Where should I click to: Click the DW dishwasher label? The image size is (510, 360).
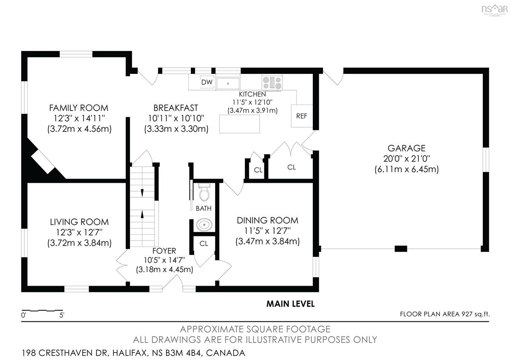pyautogui.click(x=207, y=82)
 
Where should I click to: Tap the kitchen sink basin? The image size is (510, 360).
pyautogui.click(x=228, y=83)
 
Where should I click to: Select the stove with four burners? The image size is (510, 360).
pyautogui.click(x=272, y=82)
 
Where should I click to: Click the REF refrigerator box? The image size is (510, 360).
pyautogui.click(x=302, y=116)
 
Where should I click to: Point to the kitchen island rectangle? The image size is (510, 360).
pyautogui.click(x=240, y=124)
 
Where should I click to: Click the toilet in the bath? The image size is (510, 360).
pyautogui.click(x=204, y=193)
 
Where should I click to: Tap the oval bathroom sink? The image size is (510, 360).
pyautogui.click(x=204, y=225)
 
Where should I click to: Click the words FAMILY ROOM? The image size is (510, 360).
pyautogui.click(x=79, y=108)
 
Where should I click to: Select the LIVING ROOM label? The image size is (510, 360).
pyautogui.click(x=79, y=222)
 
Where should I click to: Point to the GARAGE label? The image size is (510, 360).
pyautogui.click(x=406, y=148)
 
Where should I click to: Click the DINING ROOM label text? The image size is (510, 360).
pyautogui.click(x=267, y=221)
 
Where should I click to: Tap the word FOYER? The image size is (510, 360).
pyautogui.click(x=164, y=251)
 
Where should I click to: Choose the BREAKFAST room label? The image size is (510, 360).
pyautogui.click(x=176, y=108)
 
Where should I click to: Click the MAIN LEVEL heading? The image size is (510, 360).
pyautogui.click(x=291, y=304)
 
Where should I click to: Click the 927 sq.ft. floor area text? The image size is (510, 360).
pyautogui.click(x=476, y=314)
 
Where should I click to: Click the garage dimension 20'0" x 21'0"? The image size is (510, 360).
pyautogui.click(x=406, y=159)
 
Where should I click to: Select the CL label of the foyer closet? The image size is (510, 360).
pyautogui.click(x=204, y=244)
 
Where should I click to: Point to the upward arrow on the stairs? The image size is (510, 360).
pyautogui.click(x=142, y=214)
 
